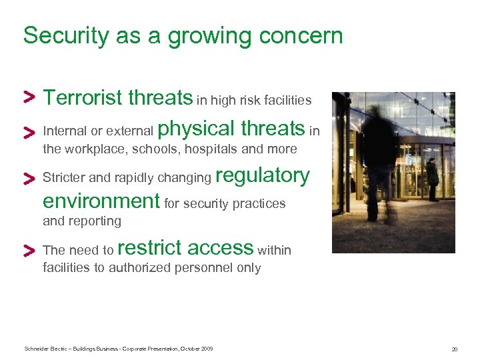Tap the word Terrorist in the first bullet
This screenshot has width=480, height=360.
tap(83, 98)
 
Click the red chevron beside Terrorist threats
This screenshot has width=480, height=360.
tap(29, 97)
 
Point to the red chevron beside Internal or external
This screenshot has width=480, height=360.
tap(29, 131)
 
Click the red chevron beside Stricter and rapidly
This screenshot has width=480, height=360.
tap(29, 178)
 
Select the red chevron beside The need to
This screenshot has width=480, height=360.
tap(29, 250)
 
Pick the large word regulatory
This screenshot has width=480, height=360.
tap(263, 175)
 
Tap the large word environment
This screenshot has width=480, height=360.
tap(101, 201)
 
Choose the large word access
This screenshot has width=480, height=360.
tap(220, 248)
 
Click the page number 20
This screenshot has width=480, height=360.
tap(454, 349)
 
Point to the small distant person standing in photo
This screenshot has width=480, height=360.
tap(433, 179)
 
